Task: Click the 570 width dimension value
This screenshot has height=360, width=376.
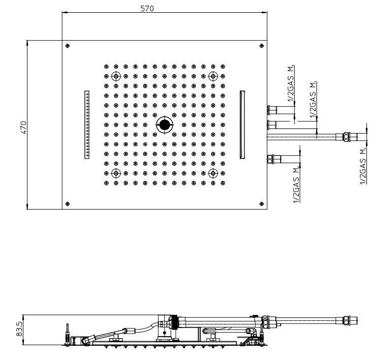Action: point(147,9)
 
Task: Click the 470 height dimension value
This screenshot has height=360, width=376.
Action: point(23,127)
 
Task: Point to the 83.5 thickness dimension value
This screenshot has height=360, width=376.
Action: point(19,329)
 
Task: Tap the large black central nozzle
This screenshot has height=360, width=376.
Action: point(164,125)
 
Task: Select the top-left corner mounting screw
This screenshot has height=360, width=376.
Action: point(67,46)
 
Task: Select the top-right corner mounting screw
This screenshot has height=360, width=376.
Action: point(262,46)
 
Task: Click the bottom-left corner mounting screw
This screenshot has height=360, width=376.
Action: point(67,204)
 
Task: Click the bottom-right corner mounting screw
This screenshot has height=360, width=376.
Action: point(262,204)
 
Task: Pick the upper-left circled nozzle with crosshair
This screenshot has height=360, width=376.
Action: point(116,76)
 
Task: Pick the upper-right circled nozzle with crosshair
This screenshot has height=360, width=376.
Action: point(213,76)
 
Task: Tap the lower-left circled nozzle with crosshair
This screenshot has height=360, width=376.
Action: point(116,173)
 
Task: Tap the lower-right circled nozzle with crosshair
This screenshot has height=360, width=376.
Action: point(213,173)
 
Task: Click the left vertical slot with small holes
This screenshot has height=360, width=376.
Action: point(87,124)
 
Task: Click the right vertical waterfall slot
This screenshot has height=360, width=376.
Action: point(242,124)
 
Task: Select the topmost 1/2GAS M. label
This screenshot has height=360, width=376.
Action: point(290,83)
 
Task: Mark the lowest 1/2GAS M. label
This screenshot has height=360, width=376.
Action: point(297,185)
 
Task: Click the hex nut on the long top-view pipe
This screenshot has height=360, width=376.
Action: point(346,137)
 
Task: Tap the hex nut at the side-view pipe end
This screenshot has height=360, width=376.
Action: point(346,320)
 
